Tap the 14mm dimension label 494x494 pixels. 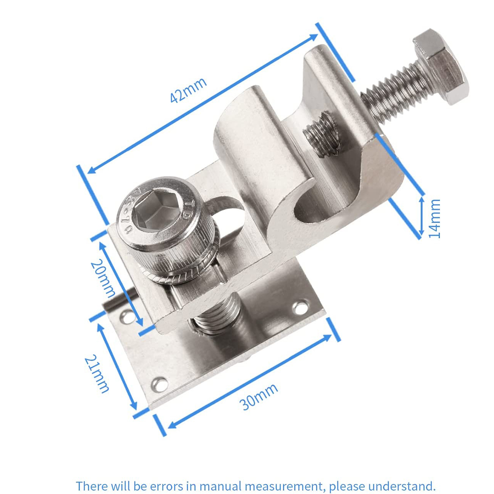click(435, 219)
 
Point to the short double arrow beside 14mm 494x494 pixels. click(422, 216)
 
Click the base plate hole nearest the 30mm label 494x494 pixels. click(161, 385)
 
